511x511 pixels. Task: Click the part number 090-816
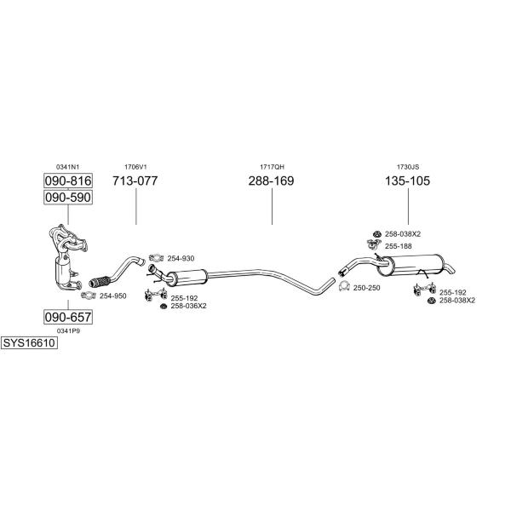(x=67, y=181)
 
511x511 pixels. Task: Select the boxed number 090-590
(x=67, y=198)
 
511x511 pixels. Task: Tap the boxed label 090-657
(x=67, y=318)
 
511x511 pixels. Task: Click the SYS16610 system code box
(x=28, y=342)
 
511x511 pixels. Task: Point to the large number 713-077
(x=135, y=181)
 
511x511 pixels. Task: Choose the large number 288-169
(x=271, y=181)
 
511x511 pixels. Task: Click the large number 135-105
(x=408, y=181)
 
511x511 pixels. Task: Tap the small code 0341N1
(x=67, y=166)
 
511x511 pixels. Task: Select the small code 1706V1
(x=135, y=166)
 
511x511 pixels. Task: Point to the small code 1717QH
(x=271, y=166)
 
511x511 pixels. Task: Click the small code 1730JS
(x=408, y=166)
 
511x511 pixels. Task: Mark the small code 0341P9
(x=67, y=330)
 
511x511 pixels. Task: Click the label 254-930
(x=181, y=258)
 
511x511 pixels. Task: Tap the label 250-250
(x=366, y=288)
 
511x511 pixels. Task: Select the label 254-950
(x=112, y=296)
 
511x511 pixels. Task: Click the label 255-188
(x=398, y=246)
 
